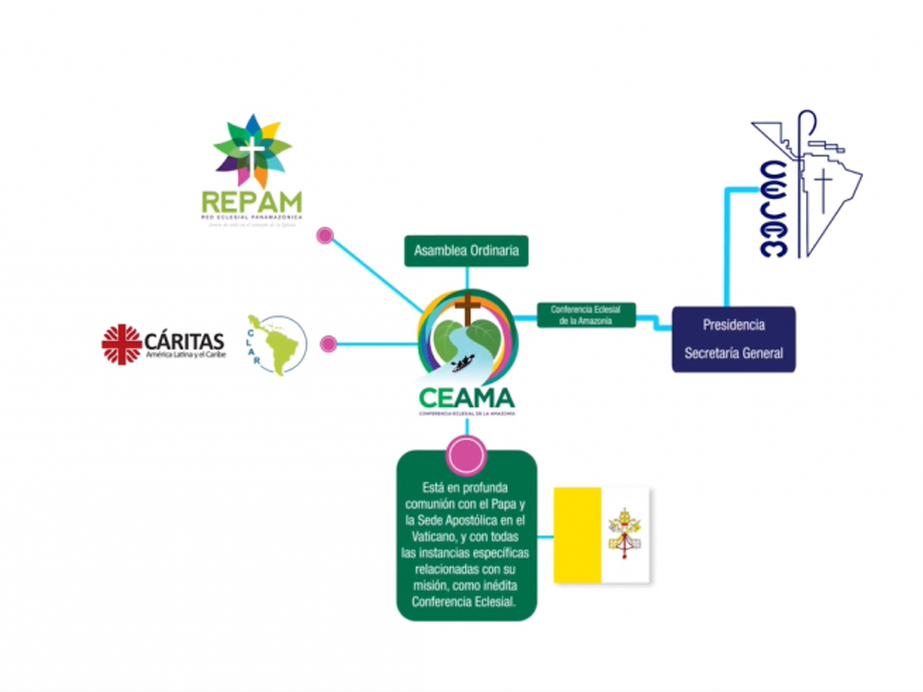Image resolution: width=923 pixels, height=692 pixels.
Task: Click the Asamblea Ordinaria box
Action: coord(466,251)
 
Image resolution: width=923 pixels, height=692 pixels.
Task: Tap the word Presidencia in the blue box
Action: coord(734,324)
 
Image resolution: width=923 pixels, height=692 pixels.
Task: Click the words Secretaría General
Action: coord(734,354)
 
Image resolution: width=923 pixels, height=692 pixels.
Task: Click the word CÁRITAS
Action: coord(185,340)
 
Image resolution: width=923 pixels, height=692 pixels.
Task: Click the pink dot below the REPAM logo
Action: coord(325,235)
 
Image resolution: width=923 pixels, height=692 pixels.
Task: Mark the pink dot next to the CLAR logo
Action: coord(329,344)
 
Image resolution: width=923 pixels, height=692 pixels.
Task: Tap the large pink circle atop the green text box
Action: coord(466,454)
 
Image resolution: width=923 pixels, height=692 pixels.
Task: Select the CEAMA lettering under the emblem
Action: coord(467,398)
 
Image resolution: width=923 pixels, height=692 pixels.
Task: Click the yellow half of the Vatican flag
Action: coord(577,534)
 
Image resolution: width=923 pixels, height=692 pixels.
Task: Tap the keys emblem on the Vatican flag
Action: coord(624,531)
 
